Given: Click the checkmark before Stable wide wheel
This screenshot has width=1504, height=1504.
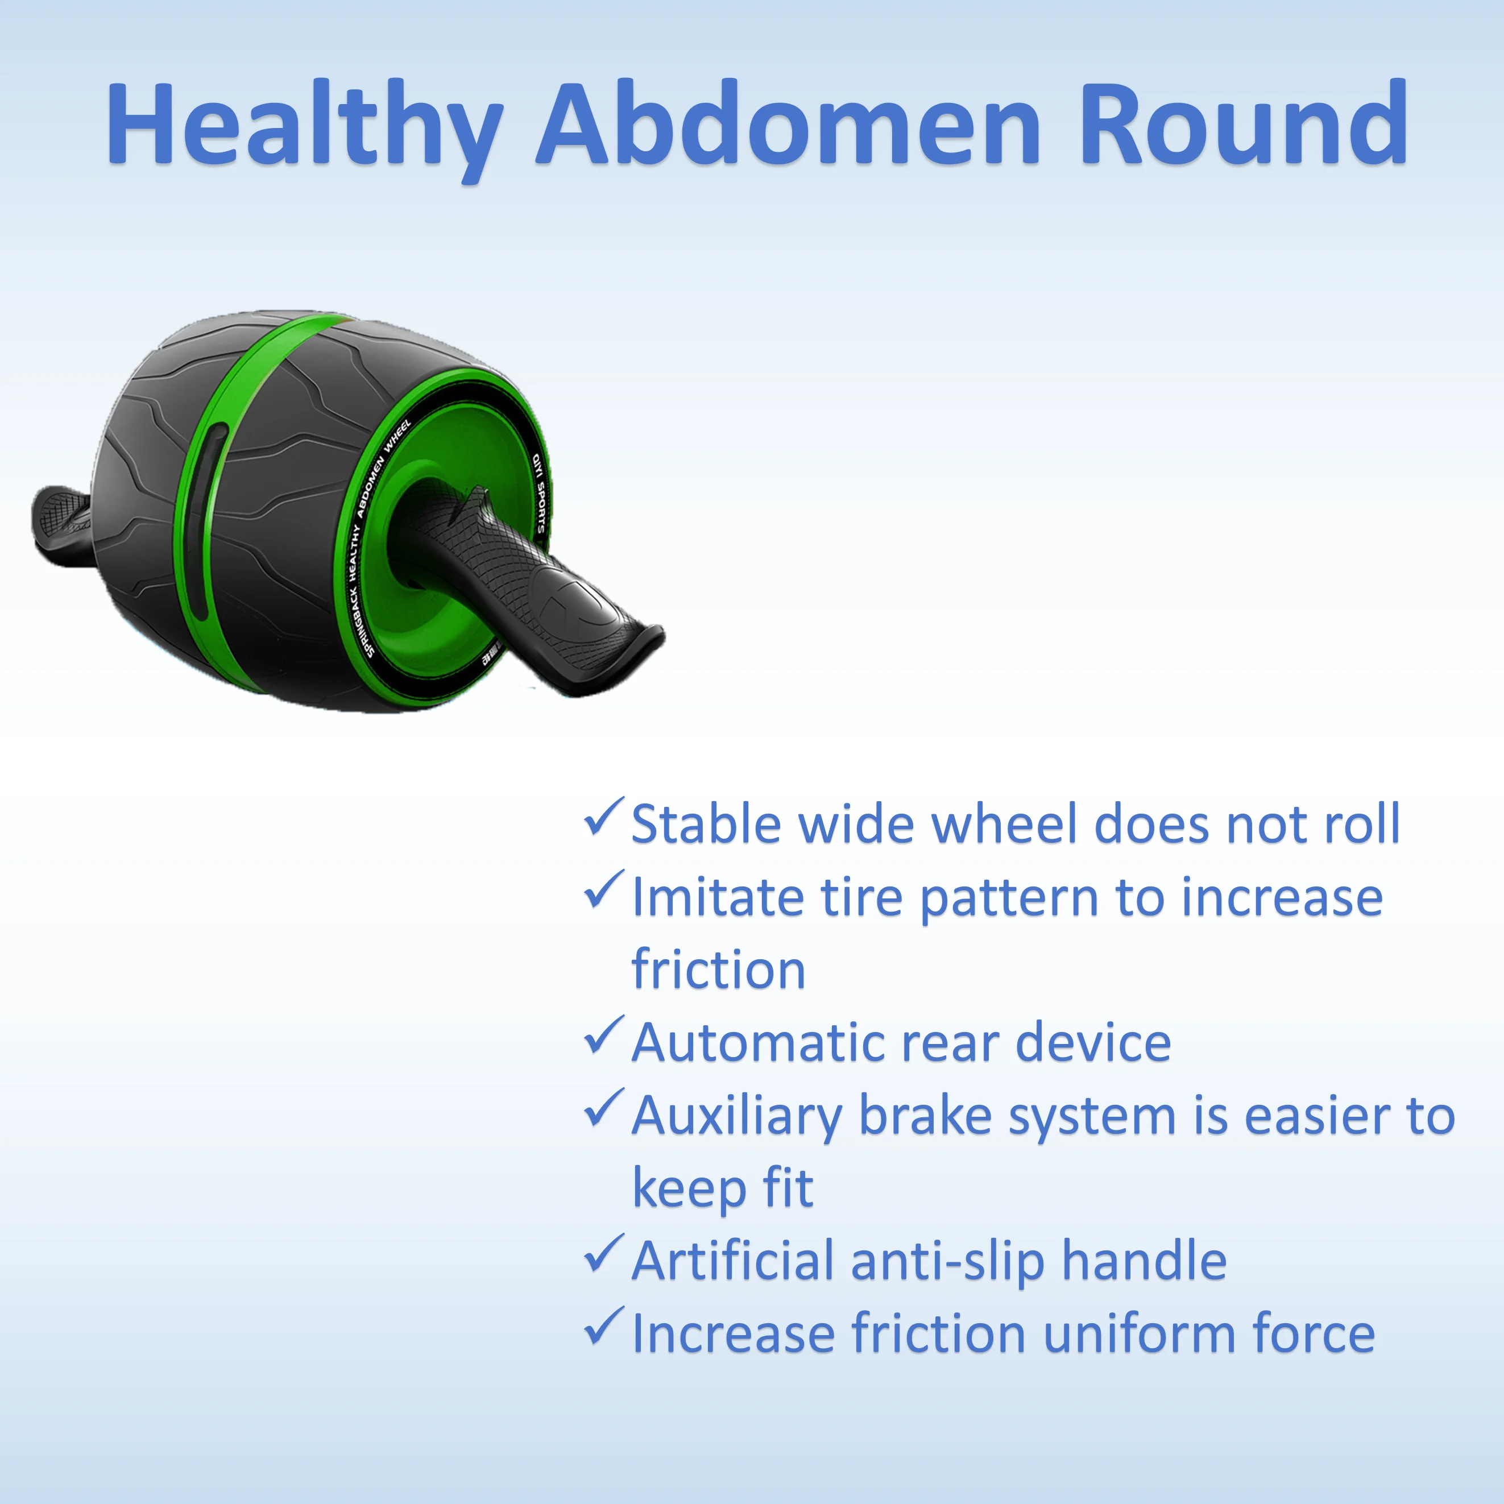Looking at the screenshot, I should [603, 818].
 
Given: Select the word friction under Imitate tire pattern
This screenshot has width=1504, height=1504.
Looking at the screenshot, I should [718, 970].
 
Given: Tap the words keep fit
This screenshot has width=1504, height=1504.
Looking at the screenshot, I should [722, 1189].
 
